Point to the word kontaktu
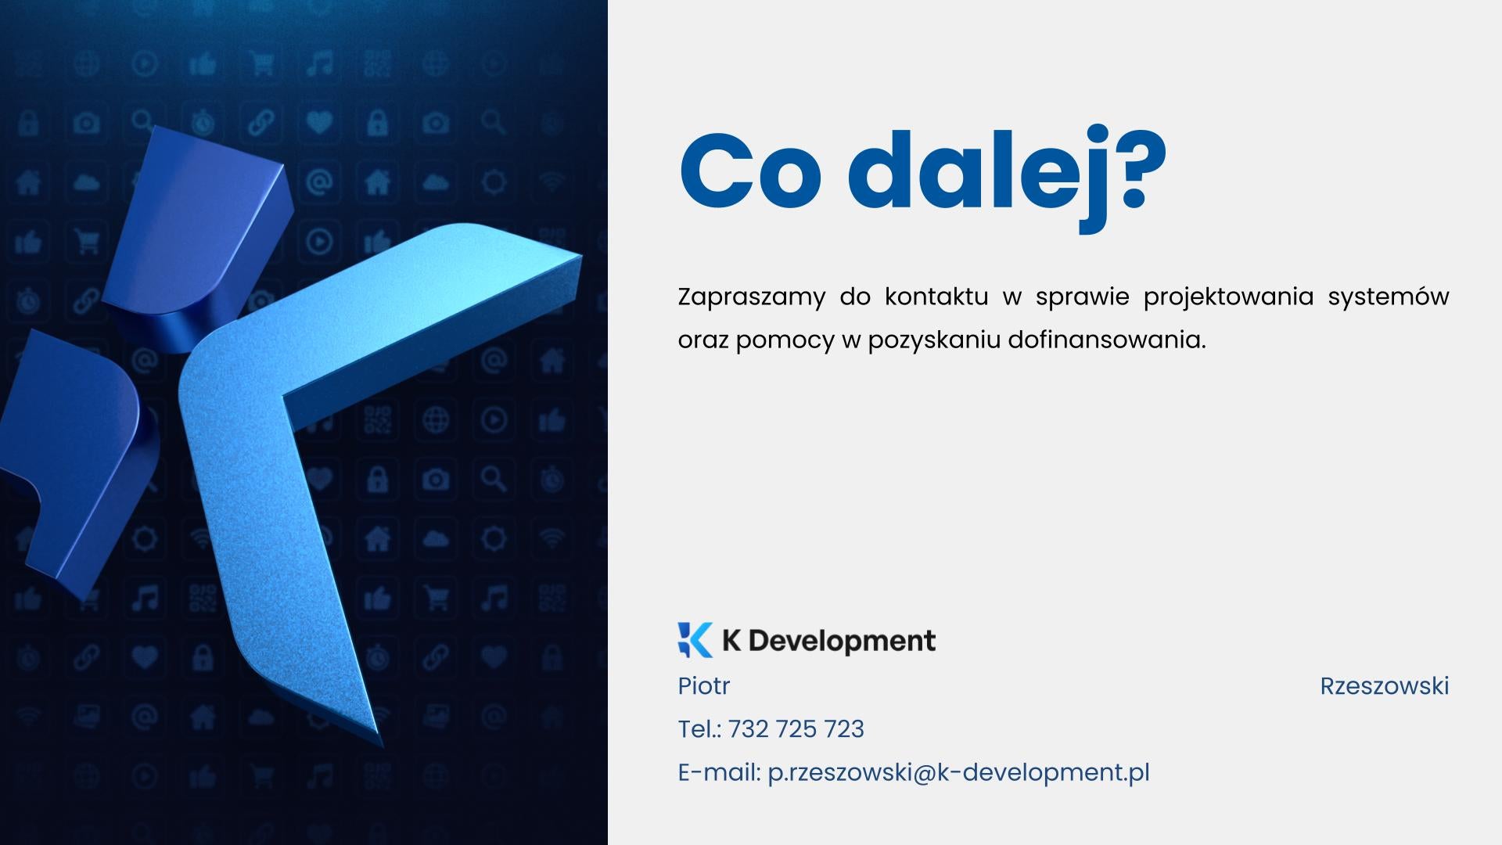[x=936, y=297]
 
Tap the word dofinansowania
[x=1107, y=340]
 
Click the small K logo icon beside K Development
[x=695, y=640]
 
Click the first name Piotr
[x=704, y=685]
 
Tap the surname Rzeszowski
[x=1385, y=686]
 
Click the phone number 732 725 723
[x=796, y=729]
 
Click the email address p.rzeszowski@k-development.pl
[x=959, y=773]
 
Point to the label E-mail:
[x=720, y=772]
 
